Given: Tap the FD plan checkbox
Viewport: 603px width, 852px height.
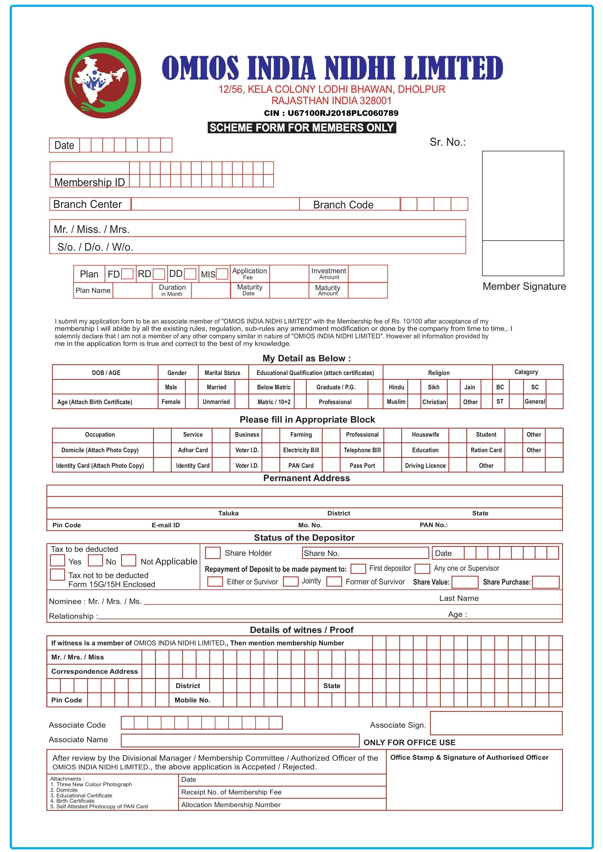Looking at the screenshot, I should tap(127, 274).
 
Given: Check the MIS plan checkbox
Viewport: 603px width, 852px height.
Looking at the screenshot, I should tap(222, 274).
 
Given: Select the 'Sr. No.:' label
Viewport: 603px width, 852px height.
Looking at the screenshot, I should tap(447, 142).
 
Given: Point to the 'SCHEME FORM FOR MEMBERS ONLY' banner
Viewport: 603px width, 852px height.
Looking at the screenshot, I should tap(301, 128).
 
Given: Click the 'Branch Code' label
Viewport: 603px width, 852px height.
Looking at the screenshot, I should tap(343, 205).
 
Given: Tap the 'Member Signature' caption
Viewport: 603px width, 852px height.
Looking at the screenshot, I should tap(524, 287).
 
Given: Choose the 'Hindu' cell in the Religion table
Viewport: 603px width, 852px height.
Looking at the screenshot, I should tap(396, 387).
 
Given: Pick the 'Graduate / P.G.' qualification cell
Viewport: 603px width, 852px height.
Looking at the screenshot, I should tap(336, 387).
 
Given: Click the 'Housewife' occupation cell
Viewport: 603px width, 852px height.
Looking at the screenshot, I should tap(425, 435).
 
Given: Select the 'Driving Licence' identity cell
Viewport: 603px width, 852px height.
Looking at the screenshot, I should tap(425, 466).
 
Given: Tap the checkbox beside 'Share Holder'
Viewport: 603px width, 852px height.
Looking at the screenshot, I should tap(213, 553).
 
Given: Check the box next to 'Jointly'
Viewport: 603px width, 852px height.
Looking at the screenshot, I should tap(290, 581).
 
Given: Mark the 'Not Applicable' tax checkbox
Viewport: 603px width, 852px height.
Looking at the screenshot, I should tap(129, 560).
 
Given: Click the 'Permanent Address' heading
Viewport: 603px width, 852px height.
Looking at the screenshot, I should tap(306, 478).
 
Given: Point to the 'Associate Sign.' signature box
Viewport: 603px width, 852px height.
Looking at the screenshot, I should tap(496, 723).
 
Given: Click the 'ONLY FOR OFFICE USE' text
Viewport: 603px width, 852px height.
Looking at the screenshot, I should tap(409, 742).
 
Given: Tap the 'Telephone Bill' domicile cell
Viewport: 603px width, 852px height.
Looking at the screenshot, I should tap(362, 450).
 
